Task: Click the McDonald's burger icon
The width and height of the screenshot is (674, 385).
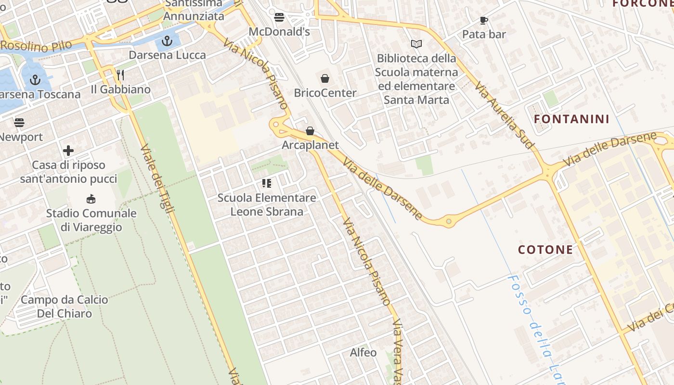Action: (x=279, y=18)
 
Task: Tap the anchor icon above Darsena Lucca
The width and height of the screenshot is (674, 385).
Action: (x=167, y=41)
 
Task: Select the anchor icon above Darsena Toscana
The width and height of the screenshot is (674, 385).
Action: (x=35, y=80)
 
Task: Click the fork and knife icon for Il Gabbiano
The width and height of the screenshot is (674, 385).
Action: (x=120, y=75)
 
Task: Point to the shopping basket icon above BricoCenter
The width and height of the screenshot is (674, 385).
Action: (x=325, y=78)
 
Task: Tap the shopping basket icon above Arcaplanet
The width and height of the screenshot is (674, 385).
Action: (x=310, y=131)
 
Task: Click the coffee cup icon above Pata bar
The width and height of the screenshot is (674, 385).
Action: (x=484, y=20)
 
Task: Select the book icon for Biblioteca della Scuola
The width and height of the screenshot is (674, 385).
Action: (x=416, y=44)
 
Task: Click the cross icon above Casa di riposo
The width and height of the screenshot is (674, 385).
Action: (x=68, y=151)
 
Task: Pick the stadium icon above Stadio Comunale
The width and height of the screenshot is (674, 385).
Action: (x=91, y=199)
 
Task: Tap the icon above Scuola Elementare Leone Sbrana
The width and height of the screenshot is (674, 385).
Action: (x=267, y=183)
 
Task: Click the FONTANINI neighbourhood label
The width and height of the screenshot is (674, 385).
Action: (x=572, y=119)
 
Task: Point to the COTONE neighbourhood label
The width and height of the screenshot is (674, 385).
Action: (x=545, y=249)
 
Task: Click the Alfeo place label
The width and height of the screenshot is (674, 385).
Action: (x=363, y=352)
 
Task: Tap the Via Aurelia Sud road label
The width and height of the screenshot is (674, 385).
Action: (x=505, y=115)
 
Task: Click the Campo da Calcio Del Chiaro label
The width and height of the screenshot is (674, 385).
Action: (x=65, y=307)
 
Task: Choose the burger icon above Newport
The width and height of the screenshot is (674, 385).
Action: (x=19, y=122)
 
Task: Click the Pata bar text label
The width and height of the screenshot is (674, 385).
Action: (x=484, y=34)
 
